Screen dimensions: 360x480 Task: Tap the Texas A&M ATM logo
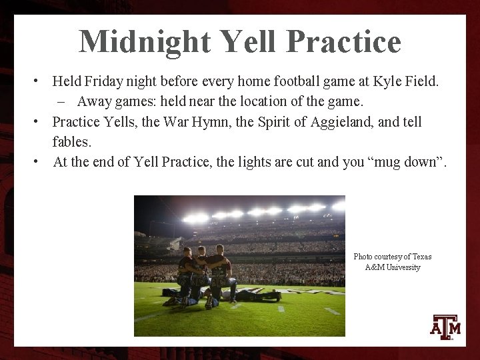pyautogui.click(x=446, y=327)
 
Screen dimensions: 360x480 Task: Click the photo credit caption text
pyautogui.click(x=392, y=262)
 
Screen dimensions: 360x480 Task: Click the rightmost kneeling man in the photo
pyautogui.click(x=220, y=273)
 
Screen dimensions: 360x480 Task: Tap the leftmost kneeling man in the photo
pyautogui.click(x=184, y=275)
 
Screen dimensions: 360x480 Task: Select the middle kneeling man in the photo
pyautogui.click(x=201, y=273)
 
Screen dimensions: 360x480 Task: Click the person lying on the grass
pyautogui.click(x=257, y=294)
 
